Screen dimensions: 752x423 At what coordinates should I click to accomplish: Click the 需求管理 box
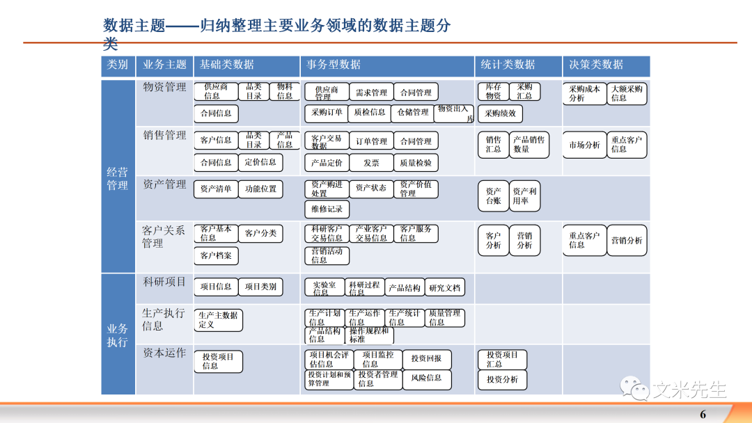[371, 93]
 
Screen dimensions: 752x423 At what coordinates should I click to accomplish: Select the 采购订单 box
[327, 113]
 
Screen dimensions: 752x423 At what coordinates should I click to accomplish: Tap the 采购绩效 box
[500, 113]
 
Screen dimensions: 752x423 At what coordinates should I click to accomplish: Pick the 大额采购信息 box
[627, 94]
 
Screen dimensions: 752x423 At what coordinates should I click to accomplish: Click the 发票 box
[371, 163]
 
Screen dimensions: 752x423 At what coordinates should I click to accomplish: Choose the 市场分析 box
[583, 145]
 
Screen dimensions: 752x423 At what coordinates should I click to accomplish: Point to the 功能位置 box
[260, 189]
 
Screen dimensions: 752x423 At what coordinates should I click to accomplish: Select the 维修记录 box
[327, 209]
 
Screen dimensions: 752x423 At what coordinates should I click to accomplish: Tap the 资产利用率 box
[524, 196]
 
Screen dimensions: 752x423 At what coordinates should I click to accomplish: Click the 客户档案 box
[216, 255]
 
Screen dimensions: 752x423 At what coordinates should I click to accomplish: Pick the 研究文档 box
[445, 288]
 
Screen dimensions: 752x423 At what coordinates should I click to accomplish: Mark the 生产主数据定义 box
[218, 320]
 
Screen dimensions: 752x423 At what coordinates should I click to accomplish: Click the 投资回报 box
[426, 359]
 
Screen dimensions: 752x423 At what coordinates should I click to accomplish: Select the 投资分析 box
[502, 380]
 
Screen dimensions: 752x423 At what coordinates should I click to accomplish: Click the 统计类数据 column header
[508, 65]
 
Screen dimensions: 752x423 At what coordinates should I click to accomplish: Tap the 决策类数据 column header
[596, 65]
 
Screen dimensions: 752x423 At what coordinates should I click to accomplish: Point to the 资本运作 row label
[164, 353]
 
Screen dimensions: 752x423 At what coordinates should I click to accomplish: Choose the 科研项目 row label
[164, 282]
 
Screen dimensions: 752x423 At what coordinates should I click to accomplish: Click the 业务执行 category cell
[117, 335]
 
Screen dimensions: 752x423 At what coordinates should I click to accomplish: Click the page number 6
[703, 415]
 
